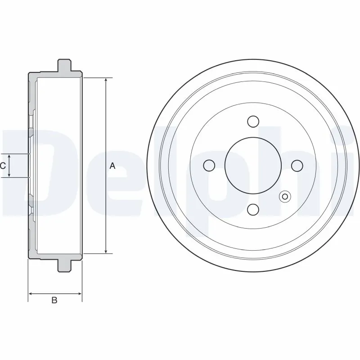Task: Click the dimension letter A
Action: [112, 166]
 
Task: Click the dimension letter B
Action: [54, 300]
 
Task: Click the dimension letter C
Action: [3, 166]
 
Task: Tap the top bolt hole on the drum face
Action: [253, 121]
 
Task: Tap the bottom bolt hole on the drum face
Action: [253, 209]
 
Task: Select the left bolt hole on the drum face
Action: [209, 166]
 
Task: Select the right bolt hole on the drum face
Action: [297, 166]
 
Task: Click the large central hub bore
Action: [253, 166]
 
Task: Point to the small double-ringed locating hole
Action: [284, 196]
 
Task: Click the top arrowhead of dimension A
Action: [106, 81]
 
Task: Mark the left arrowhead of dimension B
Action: [31, 294]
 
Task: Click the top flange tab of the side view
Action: [65, 65]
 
